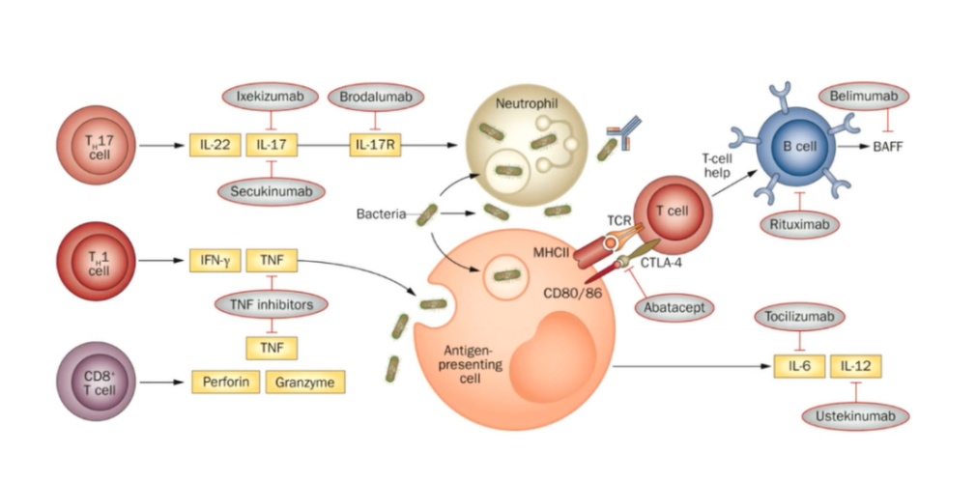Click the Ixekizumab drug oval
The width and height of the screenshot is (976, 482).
coord(271,97)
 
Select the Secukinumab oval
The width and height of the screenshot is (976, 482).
coord(272,191)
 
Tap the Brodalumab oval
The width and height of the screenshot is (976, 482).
coord(375,97)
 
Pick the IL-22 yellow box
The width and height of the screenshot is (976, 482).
coord(215,146)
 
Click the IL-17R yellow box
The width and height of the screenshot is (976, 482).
coord(375,146)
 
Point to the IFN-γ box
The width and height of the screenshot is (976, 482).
coord(215,261)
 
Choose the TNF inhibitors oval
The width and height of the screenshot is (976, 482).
coord(272,304)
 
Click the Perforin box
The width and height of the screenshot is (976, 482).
coord(225,382)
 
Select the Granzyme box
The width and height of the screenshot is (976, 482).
coord(305,382)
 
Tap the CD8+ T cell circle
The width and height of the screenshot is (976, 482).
coord(96,382)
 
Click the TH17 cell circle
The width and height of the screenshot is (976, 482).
coord(96,146)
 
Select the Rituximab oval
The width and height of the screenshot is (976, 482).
coord(800,224)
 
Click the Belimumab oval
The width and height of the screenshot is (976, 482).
coord(863,97)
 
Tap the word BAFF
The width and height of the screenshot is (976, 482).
coord(887,147)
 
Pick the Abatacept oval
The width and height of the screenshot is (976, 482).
coord(675,308)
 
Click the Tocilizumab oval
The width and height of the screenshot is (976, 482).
coord(800,317)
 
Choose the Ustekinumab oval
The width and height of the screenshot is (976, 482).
coord(855,416)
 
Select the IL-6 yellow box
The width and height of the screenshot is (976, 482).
coord(800,366)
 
